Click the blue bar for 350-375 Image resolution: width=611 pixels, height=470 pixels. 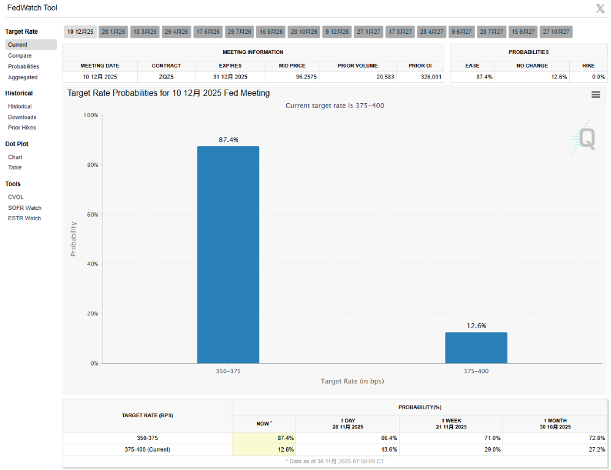[x=228, y=255]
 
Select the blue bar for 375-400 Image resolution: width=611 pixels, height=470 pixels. [x=476, y=348]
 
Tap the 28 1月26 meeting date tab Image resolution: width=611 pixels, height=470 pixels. [x=113, y=31]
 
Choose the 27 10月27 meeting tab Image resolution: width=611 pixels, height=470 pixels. [x=556, y=31]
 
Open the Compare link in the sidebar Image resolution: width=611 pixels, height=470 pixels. [x=20, y=56]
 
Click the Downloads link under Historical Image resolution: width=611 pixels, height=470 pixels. [x=22, y=117]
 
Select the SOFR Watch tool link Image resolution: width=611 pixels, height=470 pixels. [x=25, y=208]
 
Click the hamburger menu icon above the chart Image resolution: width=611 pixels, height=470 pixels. [x=596, y=94]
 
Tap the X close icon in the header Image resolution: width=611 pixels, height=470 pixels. [x=601, y=9]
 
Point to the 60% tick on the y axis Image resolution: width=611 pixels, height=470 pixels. [x=91, y=215]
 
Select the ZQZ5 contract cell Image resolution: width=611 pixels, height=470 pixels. [x=166, y=77]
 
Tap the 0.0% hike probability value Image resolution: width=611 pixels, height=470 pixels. [x=590, y=77]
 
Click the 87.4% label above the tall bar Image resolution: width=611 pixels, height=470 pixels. [x=229, y=140]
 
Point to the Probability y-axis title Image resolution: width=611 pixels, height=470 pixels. [x=74, y=239]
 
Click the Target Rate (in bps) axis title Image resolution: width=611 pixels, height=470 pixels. [x=352, y=381]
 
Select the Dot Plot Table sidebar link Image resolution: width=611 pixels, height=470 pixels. [x=15, y=168]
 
